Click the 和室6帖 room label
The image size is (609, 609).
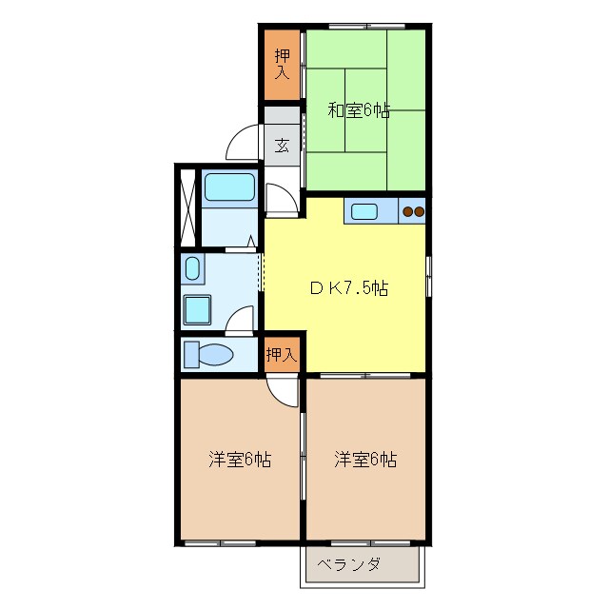pyautogui.click(x=359, y=110)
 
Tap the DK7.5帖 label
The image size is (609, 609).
pyautogui.click(x=348, y=287)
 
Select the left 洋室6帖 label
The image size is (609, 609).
pyautogui.click(x=240, y=460)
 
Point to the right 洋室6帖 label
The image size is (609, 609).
pyautogui.click(x=365, y=460)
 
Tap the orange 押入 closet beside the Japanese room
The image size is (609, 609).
pyautogui.click(x=282, y=64)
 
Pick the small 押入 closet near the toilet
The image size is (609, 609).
pyautogui.click(x=282, y=354)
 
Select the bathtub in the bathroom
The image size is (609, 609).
pyautogui.click(x=229, y=188)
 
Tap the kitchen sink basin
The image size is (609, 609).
pyautogui.click(x=365, y=211)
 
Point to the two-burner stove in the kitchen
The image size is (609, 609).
pyautogui.click(x=412, y=211)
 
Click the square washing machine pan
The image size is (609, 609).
pyautogui.click(x=199, y=309)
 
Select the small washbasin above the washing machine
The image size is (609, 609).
pyautogui.click(x=192, y=268)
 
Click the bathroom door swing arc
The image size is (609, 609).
pyautogui.click(x=280, y=200)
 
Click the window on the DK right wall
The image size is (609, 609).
pyautogui.click(x=428, y=276)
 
